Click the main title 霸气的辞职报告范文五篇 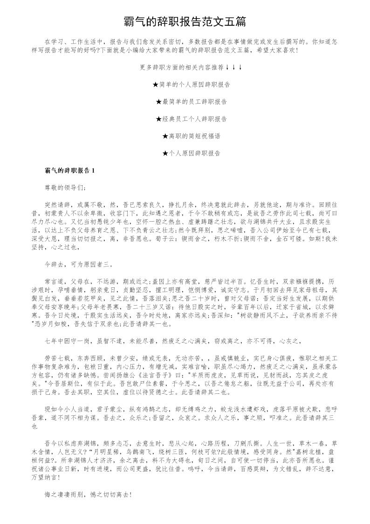185,22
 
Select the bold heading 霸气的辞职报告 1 69,170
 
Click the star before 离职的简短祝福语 165,136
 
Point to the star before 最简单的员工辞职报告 158,102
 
